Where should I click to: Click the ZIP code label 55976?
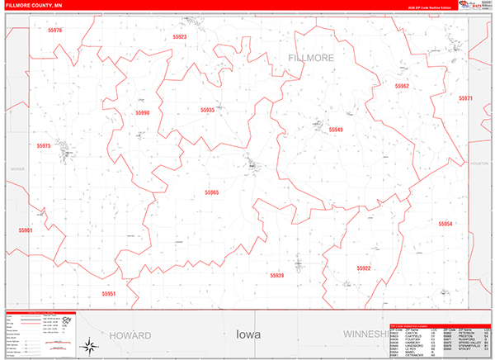pyautogui.click(x=55, y=30)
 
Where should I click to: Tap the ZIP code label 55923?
pyautogui.click(x=180, y=37)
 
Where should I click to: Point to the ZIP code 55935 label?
pyautogui.click(x=207, y=110)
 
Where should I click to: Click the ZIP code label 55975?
pyautogui.click(x=44, y=145)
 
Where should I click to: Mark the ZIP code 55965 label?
pyautogui.click(x=212, y=192)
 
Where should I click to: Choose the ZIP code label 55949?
pyautogui.click(x=336, y=130)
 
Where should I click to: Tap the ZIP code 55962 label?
pyautogui.click(x=402, y=86)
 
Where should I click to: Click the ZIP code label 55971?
pyautogui.click(x=466, y=98)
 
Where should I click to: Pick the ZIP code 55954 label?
pyautogui.click(x=445, y=224)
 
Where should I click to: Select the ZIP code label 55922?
pyautogui.click(x=364, y=268)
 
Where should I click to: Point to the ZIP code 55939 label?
pyautogui.click(x=276, y=275)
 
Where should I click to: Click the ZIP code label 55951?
pyautogui.click(x=109, y=293)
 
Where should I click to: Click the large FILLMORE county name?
pyautogui.click(x=312, y=59)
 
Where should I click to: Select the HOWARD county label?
pyautogui.click(x=130, y=336)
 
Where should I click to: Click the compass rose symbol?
pyautogui.click(x=87, y=343)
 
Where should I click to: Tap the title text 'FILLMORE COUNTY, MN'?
pyautogui.click(x=30, y=6)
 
